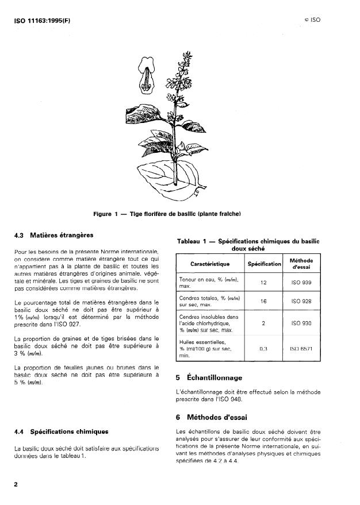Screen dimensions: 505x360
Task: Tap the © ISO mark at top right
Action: (312, 20)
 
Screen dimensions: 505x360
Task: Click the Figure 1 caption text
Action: (166, 214)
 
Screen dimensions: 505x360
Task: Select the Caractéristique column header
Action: (209, 264)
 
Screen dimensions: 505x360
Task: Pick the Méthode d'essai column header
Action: (301, 264)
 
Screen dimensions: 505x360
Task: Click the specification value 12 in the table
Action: (263, 283)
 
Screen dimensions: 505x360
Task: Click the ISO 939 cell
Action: (301, 283)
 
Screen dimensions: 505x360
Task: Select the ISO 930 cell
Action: (301, 323)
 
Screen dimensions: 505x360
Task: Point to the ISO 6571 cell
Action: (301, 348)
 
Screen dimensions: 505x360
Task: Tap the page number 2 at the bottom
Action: (16, 484)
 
